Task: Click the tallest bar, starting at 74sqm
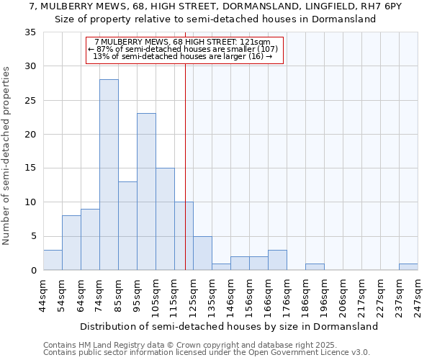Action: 109,175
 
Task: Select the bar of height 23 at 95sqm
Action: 146,192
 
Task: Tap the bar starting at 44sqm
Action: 53,260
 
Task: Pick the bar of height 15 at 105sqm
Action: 165,219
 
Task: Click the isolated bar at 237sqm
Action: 408,267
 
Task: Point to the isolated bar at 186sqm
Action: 315,267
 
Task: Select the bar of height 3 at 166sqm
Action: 277,260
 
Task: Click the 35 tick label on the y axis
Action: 30,32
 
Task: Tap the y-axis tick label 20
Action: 30,135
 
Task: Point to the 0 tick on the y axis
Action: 33,271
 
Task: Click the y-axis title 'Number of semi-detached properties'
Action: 7,155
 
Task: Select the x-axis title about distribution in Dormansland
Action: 229,326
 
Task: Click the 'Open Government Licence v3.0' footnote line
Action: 207,353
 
